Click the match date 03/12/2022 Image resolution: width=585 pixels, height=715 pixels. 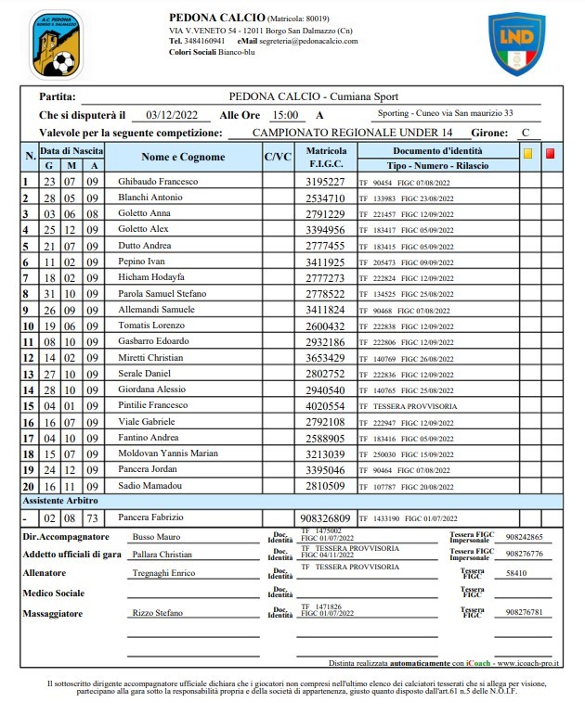(x=173, y=115)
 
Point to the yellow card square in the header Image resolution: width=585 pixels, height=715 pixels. (x=528, y=154)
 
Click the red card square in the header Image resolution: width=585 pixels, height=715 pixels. (x=550, y=154)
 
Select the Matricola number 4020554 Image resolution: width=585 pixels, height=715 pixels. (x=326, y=406)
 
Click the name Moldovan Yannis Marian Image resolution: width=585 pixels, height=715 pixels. (x=168, y=453)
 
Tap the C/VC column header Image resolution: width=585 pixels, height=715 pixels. (x=278, y=158)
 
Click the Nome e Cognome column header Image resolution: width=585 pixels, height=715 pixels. (x=183, y=158)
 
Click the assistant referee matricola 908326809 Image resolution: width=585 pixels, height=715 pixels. (x=326, y=517)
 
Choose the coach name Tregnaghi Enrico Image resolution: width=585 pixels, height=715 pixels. (x=164, y=573)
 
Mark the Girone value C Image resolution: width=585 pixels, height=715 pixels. (x=526, y=133)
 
